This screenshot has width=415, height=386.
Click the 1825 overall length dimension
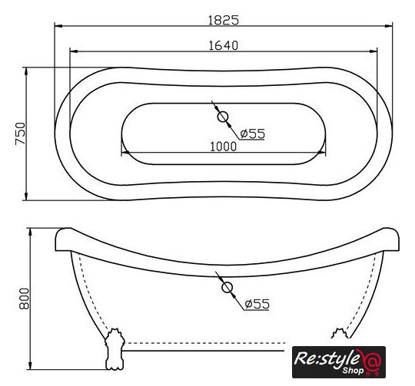[x=224, y=20]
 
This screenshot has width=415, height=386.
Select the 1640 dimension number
[x=224, y=45]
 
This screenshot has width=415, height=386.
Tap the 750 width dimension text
[x=21, y=134]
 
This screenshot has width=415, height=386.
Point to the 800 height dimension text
[x=25, y=299]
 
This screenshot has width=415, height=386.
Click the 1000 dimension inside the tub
[x=224, y=147]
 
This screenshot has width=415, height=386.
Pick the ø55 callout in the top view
[x=252, y=134]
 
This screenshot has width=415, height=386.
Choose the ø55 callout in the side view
[x=257, y=304]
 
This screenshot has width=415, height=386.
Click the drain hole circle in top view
[x=223, y=117]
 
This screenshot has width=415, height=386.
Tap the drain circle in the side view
[x=227, y=288]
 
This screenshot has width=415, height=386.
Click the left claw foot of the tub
[x=115, y=348]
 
